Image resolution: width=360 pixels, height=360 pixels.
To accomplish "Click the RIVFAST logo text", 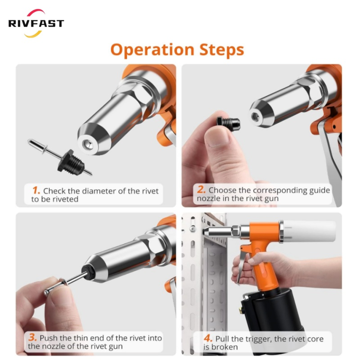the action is coord(36,23).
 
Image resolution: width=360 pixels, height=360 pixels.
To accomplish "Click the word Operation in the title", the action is coord(153,50).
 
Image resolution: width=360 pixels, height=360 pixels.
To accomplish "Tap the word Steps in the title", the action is coord(221,49).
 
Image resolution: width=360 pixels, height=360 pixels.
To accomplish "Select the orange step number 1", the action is coord(36,190).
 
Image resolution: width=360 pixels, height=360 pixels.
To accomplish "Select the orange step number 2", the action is coord(201,189).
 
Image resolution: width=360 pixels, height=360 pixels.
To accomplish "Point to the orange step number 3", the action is coord(32,337).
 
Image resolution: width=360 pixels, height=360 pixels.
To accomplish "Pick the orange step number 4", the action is coord(208,338).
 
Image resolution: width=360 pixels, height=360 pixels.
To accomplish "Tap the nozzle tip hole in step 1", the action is coord(88,144).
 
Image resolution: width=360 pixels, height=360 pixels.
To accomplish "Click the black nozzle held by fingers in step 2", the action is coord(229,123).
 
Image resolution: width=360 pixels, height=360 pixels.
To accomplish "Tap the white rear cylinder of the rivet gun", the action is coord(309,231).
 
